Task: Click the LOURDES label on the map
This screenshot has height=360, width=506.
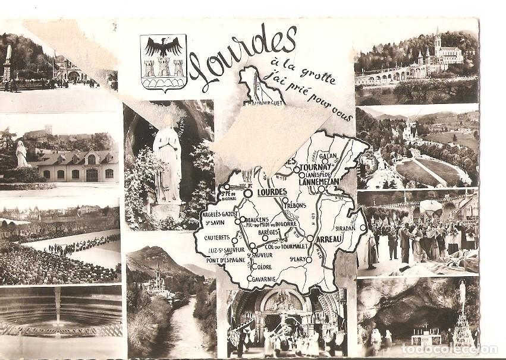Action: (273, 192)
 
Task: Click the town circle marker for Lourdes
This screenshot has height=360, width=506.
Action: (247, 192)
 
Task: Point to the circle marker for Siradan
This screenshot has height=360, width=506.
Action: (363, 228)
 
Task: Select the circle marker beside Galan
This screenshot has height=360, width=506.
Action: (325, 161)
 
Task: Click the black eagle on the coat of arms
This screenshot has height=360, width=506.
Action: (163, 46)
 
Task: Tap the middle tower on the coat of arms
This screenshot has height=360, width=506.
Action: (163, 67)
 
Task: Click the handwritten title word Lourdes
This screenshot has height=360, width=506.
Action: (244, 55)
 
